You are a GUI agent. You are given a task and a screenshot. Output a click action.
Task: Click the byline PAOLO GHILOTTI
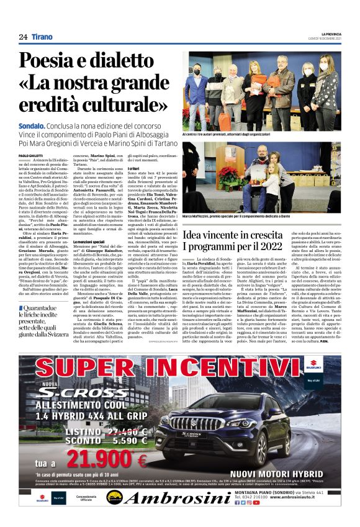pyautogui.click(x=31, y=155)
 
